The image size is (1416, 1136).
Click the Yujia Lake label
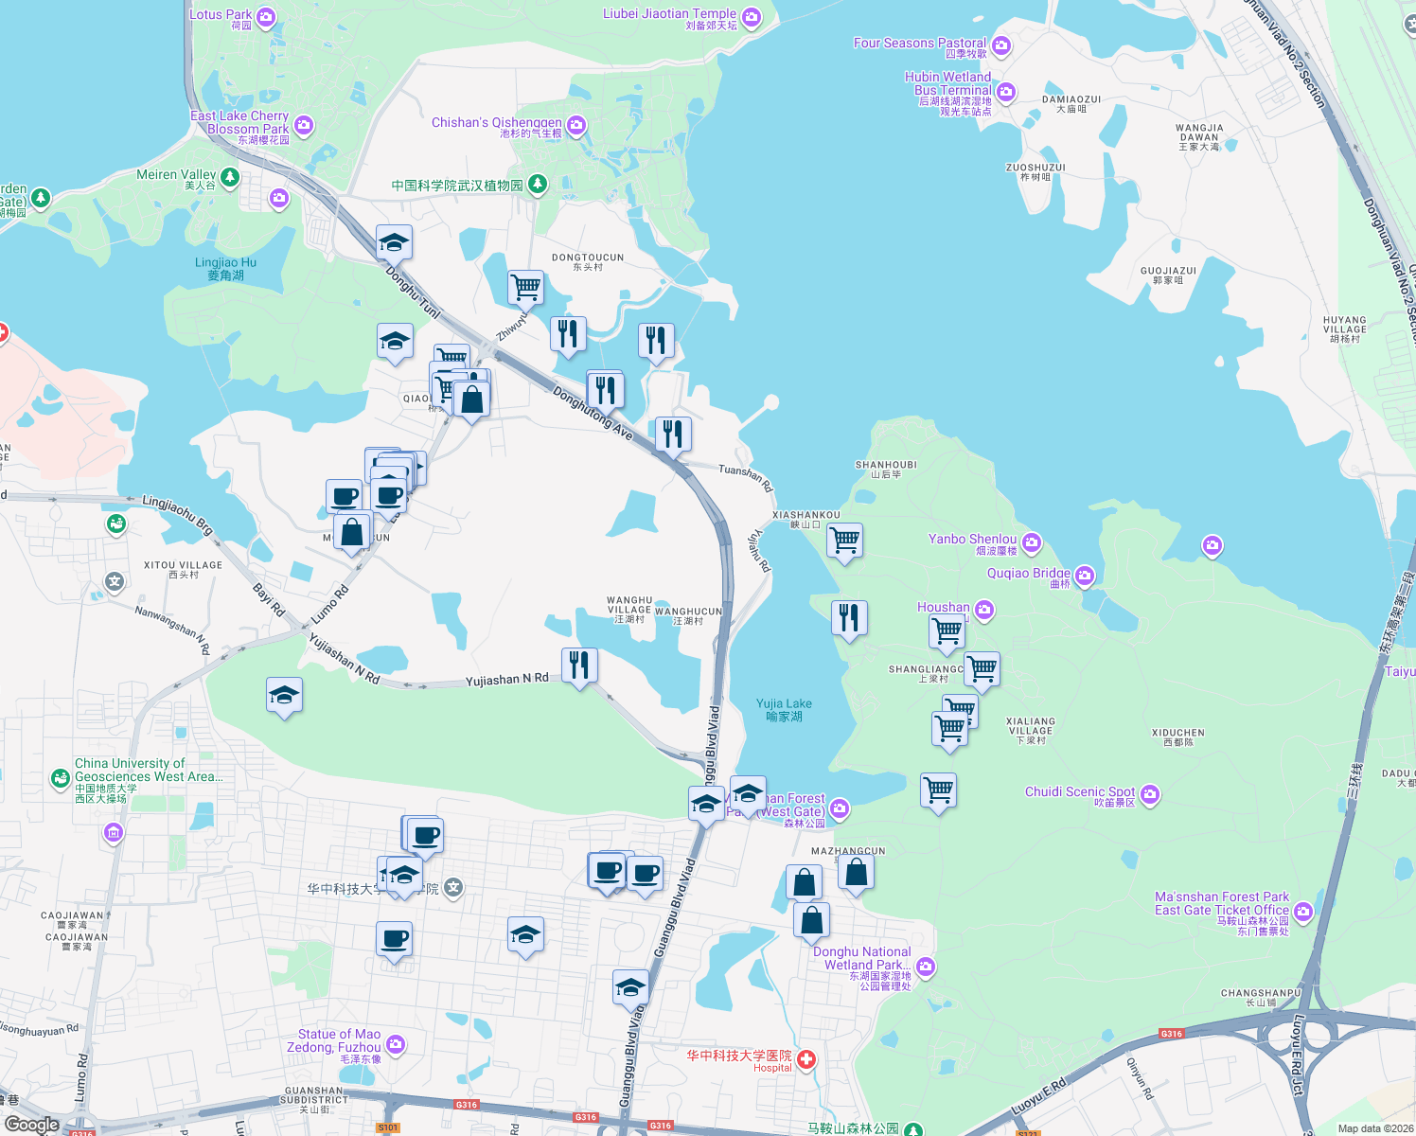point(784,709)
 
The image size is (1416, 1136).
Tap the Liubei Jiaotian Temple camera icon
point(752,17)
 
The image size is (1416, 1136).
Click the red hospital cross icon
point(805,1060)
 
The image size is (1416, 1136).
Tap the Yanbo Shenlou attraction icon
point(1032,542)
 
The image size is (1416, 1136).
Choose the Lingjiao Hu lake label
point(225,269)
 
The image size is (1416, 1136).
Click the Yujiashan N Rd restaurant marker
point(579,666)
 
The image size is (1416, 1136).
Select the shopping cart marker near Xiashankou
point(844,541)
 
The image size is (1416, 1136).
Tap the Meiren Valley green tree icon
point(229,177)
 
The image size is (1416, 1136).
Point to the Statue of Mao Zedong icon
point(396,1044)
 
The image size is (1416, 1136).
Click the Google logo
point(31,1125)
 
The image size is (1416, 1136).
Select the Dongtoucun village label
point(588,261)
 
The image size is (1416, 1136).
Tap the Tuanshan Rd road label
point(746,476)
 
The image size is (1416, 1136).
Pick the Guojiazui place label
point(1168,275)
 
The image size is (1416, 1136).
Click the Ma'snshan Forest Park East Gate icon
point(1303,912)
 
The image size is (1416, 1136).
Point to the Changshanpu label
point(1261,997)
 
